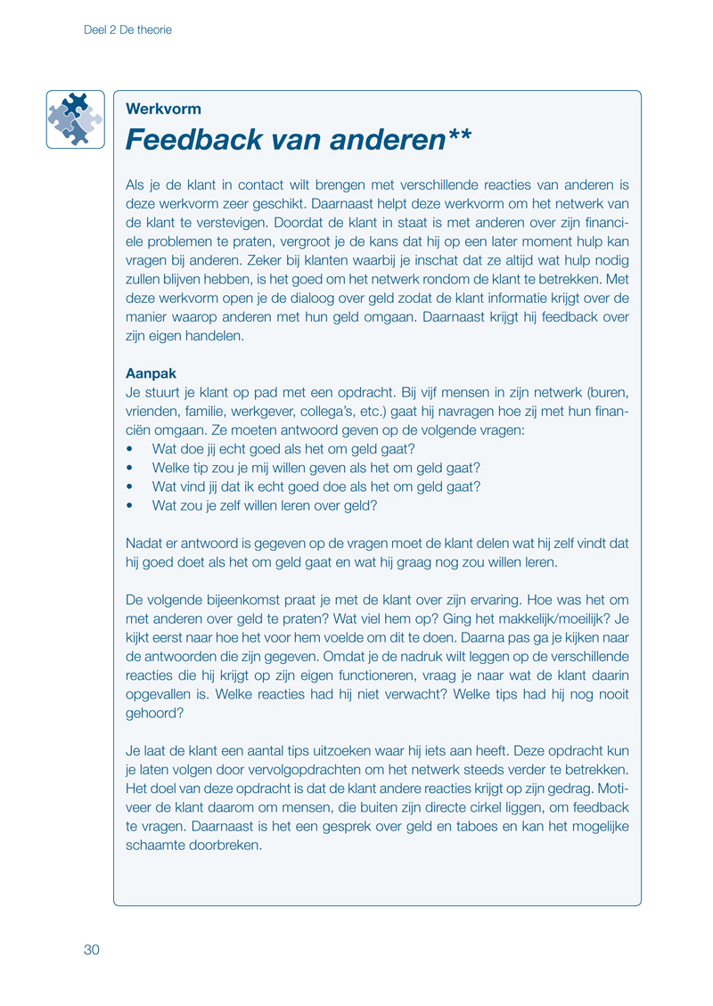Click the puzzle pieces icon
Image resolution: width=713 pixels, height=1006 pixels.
(75, 119)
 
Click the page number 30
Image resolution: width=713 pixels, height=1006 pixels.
(92, 949)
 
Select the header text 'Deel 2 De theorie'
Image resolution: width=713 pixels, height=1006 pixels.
(127, 29)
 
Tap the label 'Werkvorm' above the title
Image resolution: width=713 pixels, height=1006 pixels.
(164, 110)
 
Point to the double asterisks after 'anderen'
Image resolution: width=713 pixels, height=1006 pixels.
(460, 135)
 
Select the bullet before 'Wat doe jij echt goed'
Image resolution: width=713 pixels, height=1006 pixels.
(131, 449)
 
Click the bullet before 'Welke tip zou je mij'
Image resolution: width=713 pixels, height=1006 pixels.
(131, 468)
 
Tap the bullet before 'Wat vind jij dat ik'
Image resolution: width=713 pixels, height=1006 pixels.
(131, 487)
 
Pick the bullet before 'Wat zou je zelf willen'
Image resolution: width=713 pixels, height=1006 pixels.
(131, 505)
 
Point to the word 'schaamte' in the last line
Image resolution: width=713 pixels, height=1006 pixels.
(154, 847)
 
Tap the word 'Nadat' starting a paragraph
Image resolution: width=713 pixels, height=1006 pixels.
(143, 543)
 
